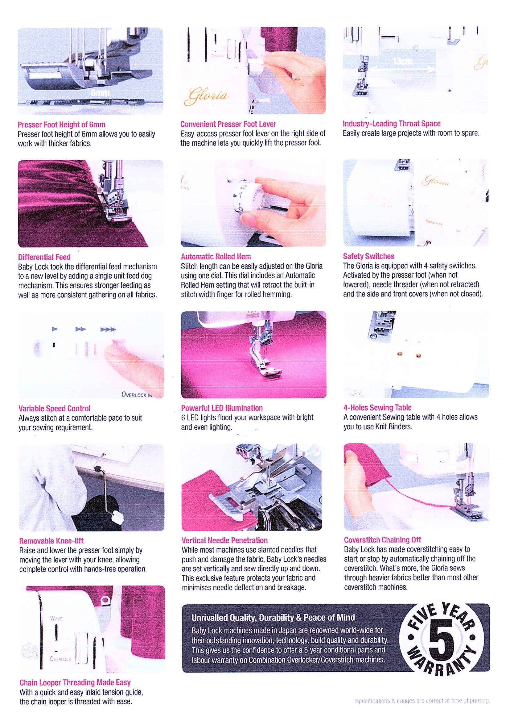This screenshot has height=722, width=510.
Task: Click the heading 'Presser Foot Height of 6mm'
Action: tap(62, 124)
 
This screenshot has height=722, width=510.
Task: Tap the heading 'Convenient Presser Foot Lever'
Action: tap(228, 124)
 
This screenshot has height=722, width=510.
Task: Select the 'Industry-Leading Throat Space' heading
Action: tap(392, 124)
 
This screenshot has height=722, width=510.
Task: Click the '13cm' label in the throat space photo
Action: tap(403, 61)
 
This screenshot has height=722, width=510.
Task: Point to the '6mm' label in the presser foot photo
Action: tap(100, 93)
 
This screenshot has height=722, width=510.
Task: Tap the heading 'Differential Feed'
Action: tap(44, 257)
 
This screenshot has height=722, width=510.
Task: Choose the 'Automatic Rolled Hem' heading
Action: tap(216, 257)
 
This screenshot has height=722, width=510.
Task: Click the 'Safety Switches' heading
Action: tap(369, 256)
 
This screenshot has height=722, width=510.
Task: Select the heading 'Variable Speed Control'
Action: tap(54, 409)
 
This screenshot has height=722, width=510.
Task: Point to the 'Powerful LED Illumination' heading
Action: tap(222, 408)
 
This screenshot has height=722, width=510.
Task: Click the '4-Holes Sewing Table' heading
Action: tap(377, 408)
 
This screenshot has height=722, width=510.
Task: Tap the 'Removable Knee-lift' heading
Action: tap(51, 541)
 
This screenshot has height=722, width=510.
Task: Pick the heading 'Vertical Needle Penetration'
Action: tap(224, 540)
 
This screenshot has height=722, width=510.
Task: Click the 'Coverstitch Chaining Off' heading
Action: tap(382, 540)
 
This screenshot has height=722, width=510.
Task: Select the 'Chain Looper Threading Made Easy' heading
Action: tap(75, 682)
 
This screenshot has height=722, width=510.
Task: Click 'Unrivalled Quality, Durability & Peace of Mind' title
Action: tap(273, 618)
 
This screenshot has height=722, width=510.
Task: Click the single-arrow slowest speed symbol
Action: tap(55, 329)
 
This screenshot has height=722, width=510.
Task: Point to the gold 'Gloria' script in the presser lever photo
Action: tap(207, 95)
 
